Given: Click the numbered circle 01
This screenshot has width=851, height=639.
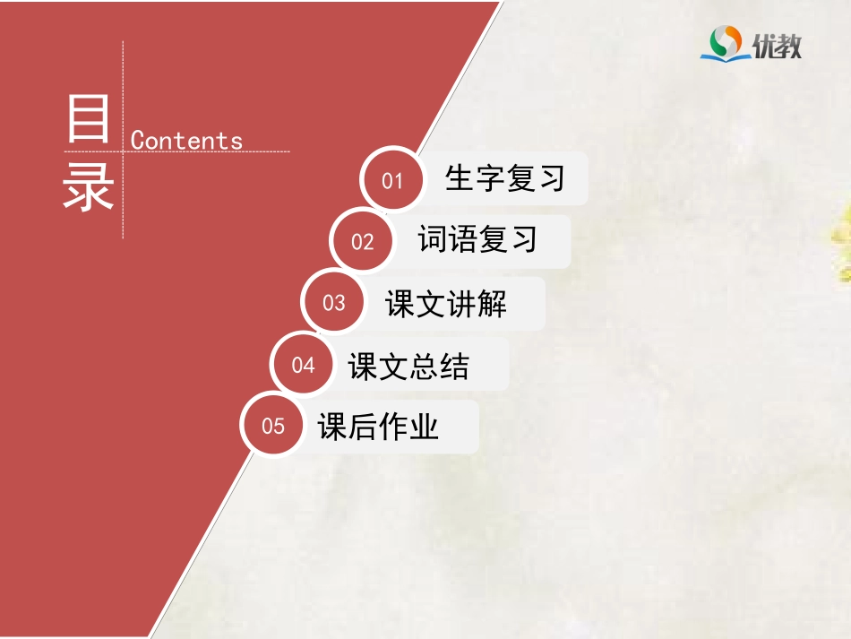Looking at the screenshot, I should coord(392,181).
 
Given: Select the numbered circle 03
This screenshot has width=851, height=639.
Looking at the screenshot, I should coord(333,303).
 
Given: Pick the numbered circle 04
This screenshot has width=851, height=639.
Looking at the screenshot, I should coord(303,365).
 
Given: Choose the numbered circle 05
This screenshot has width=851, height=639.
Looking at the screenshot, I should coord(272,426).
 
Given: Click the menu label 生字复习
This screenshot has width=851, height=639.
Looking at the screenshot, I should coord(505,178).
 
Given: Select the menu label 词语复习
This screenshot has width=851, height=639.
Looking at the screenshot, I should coord(477,239).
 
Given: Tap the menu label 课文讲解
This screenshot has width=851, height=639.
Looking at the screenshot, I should coord(446,304).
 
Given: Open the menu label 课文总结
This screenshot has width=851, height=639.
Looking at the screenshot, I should coord(408,366).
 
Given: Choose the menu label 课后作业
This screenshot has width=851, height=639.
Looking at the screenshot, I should coord(378,427).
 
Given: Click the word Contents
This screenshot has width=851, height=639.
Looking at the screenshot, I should coord(186,141).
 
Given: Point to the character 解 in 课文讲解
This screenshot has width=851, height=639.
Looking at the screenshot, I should coord(492,304).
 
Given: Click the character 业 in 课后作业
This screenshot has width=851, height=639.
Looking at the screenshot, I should coord(424,427).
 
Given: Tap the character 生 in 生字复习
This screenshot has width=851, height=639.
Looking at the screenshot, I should coord(460,178).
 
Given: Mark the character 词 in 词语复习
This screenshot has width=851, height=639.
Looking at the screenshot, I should coord(433,239).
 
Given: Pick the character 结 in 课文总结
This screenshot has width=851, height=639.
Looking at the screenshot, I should coord(454,366).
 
